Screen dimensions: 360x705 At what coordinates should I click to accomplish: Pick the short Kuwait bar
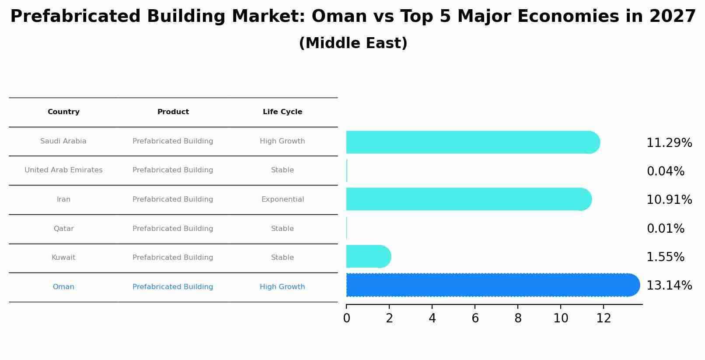coord(366,256)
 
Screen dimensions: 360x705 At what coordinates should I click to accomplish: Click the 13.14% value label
coord(669,286)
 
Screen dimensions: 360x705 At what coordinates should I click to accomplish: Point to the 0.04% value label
coord(665,171)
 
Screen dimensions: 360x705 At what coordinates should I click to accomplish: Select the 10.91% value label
coord(669,200)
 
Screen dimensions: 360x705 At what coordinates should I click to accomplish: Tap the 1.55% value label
coord(665,257)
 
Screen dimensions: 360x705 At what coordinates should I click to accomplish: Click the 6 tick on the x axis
coord(475,318)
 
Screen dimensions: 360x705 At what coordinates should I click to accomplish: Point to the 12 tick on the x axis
coord(604,318)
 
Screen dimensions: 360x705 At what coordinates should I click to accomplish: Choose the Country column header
coord(63,112)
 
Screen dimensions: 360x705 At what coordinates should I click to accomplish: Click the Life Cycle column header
coord(282,112)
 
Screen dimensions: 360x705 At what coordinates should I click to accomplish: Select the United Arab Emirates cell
coord(63,170)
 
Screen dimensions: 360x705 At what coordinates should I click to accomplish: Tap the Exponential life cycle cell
coord(282,199)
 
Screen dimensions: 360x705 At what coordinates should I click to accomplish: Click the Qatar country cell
coord(63,229)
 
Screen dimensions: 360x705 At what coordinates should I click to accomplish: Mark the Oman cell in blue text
coord(63,287)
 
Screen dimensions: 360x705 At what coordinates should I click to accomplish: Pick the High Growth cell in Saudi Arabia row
coord(282,141)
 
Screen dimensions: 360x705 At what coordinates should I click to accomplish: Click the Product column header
coord(173,112)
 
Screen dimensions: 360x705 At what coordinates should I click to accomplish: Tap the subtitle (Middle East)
coord(353,43)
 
